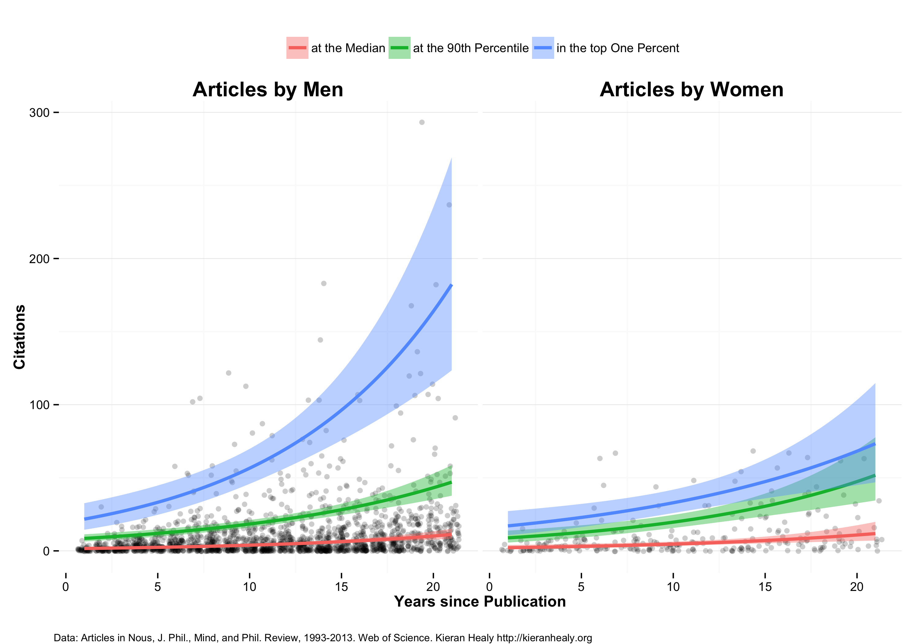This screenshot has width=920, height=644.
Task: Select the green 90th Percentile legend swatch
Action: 399,48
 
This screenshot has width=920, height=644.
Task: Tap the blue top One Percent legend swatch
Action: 542,48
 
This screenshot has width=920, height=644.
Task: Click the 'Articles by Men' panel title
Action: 268,89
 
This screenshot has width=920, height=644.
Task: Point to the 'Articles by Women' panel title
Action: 691,89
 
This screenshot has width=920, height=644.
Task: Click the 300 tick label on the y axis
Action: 39,113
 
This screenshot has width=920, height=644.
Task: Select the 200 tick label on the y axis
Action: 39,259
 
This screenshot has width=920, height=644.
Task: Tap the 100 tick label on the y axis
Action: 39,405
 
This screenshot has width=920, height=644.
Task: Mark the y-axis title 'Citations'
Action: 19,337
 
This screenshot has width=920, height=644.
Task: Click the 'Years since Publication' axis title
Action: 480,601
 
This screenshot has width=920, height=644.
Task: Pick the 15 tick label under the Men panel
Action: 341,587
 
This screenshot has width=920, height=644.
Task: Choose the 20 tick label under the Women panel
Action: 857,587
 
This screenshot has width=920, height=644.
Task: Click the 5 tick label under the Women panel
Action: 581,587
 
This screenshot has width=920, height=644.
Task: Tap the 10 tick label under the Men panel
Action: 249,587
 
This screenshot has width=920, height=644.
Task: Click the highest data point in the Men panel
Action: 422,122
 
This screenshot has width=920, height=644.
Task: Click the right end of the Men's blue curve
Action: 451,285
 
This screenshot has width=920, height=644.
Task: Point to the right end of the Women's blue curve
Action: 875,444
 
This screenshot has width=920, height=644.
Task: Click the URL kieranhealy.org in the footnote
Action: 544,638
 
